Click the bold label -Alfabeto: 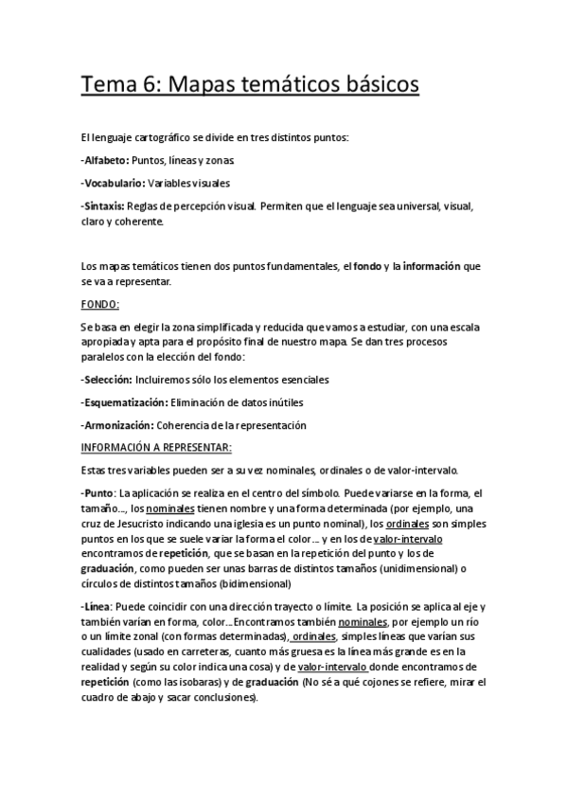[x=105, y=161]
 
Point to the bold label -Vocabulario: [x=114, y=183]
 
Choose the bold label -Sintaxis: [x=104, y=205]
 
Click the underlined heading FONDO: [x=99, y=304]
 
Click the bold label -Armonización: [x=117, y=424]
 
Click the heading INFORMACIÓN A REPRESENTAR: [x=156, y=446]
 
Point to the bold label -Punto [x=97, y=493]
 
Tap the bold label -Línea [x=98, y=606]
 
